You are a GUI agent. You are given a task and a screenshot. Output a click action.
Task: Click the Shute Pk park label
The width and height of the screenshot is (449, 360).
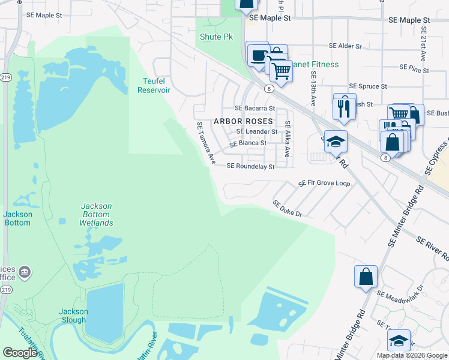215,37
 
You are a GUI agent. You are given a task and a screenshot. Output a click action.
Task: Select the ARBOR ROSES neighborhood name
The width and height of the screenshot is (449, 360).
243,121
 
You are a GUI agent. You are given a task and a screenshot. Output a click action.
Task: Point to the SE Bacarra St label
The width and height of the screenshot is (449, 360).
255,109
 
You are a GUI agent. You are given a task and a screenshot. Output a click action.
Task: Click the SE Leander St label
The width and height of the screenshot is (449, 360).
257,131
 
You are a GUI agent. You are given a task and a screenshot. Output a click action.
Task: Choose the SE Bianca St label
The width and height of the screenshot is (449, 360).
249,143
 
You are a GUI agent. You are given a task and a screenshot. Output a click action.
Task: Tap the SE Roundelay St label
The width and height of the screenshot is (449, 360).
250,166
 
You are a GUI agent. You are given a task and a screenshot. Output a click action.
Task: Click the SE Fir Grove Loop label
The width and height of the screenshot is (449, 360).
324,183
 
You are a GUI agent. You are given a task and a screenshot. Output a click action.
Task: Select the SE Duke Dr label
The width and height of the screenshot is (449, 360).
287,208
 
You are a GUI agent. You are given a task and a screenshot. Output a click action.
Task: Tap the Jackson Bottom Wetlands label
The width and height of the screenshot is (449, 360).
96,214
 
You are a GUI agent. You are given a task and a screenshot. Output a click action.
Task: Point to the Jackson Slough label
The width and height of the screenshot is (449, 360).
73,316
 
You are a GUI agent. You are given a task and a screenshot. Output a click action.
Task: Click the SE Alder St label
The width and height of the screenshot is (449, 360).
345,46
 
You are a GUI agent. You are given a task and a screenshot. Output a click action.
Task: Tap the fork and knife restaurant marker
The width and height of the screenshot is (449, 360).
344,107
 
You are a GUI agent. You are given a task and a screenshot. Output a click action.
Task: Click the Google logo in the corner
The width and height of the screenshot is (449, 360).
20,353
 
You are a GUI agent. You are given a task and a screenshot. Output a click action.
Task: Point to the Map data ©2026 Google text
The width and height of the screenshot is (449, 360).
412,355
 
